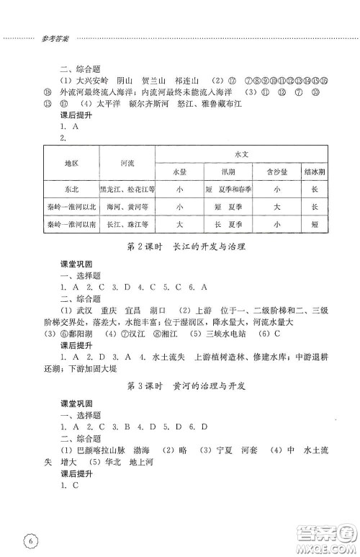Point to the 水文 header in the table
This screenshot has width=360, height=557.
pos(241,154)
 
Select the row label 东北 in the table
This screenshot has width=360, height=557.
pos(70,189)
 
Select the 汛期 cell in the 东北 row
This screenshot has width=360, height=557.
pos(228,189)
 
